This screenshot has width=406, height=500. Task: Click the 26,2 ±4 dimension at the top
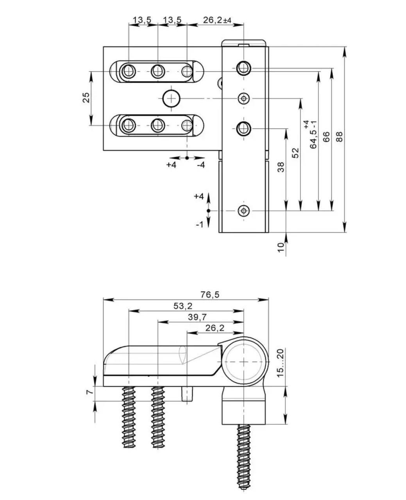coord(217,20)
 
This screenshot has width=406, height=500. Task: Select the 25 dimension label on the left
coord(86,98)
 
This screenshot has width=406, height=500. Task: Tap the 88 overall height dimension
coord(339,137)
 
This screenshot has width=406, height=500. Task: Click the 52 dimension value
coord(295,153)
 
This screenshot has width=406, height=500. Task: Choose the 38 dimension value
coord(281,167)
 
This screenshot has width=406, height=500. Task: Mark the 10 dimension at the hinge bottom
coord(281,248)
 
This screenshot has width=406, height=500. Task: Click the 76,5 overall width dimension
coord(210,295)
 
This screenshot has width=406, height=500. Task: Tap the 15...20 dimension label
coord(280,363)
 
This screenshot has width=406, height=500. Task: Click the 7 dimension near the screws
coord(89,391)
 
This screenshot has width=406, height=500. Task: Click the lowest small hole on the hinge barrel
coord(244,211)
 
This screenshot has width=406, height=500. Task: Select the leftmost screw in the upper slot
coord(128,71)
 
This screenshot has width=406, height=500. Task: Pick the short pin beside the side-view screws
coord(187,394)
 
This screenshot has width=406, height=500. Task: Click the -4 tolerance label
coord(201,165)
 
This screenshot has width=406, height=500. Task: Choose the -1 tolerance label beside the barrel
coord(199,225)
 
